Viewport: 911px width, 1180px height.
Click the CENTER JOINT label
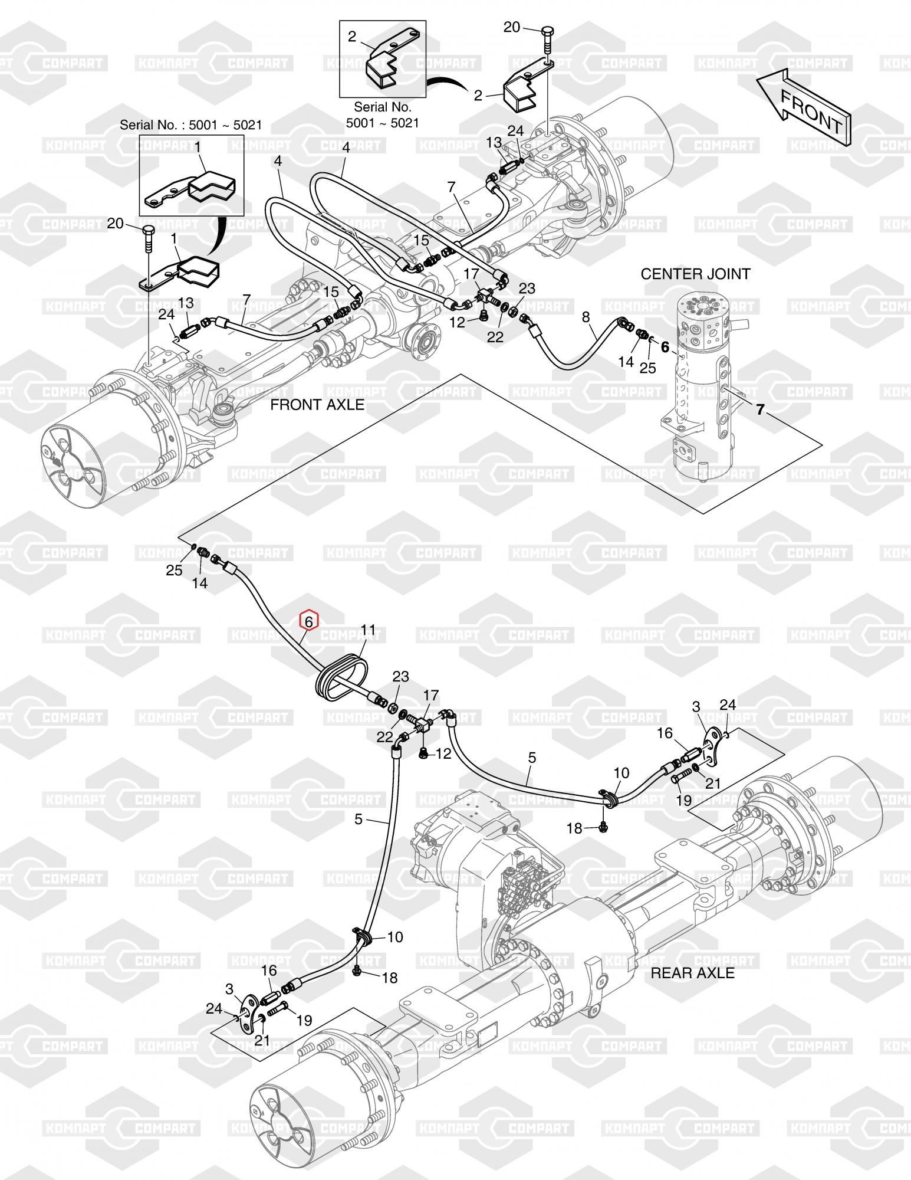[695, 274]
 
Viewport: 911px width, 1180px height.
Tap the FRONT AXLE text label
[317, 405]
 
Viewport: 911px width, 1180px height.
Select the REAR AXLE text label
[692, 973]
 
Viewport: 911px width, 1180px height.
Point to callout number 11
[368, 631]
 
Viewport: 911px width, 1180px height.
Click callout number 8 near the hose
[586, 317]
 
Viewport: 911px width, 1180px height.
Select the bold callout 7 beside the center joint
[760, 409]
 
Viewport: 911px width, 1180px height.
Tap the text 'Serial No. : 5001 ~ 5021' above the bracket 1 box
[191, 125]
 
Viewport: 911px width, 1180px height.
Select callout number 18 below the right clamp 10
[574, 829]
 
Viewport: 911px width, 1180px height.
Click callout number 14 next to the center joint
[626, 361]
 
